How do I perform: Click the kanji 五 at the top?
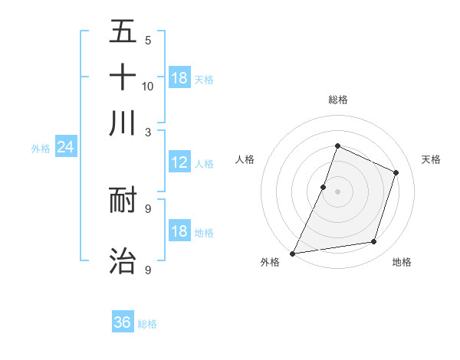[123, 32]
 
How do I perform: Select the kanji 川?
[123, 122]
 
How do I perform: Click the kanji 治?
[123, 260]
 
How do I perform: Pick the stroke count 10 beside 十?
[148, 86]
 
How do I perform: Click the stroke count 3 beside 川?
[148, 132]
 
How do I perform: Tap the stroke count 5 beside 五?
[148, 41]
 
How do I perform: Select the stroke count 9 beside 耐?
[148, 208]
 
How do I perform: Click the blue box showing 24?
[65, 147]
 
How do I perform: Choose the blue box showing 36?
[123, 322]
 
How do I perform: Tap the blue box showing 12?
[179, 162]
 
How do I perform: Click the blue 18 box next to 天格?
[179, 78]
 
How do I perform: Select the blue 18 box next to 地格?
[179, 231]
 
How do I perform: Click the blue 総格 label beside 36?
[147, 324]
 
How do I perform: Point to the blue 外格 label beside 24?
[40, 149]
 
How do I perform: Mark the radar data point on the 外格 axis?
[293, 254]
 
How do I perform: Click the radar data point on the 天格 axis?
[396, 172]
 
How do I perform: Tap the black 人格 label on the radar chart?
[245, 159]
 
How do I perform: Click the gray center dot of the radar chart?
[337, 191]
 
